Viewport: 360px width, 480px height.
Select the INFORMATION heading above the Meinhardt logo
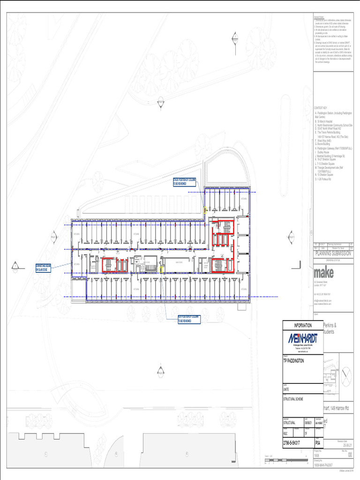(x=303, y=325)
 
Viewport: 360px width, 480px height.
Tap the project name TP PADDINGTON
(x=293, y=361)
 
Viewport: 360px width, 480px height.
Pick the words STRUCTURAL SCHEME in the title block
(x=293, y=399)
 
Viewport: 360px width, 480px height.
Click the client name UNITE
(x=286, y=390)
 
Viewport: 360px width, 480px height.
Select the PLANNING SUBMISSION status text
(x=333, y=253)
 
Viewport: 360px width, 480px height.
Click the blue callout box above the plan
(x=181, y=181)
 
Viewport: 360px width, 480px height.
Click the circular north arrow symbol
(x=345, y=377)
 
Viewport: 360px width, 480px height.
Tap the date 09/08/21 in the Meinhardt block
(x=308, y=425)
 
